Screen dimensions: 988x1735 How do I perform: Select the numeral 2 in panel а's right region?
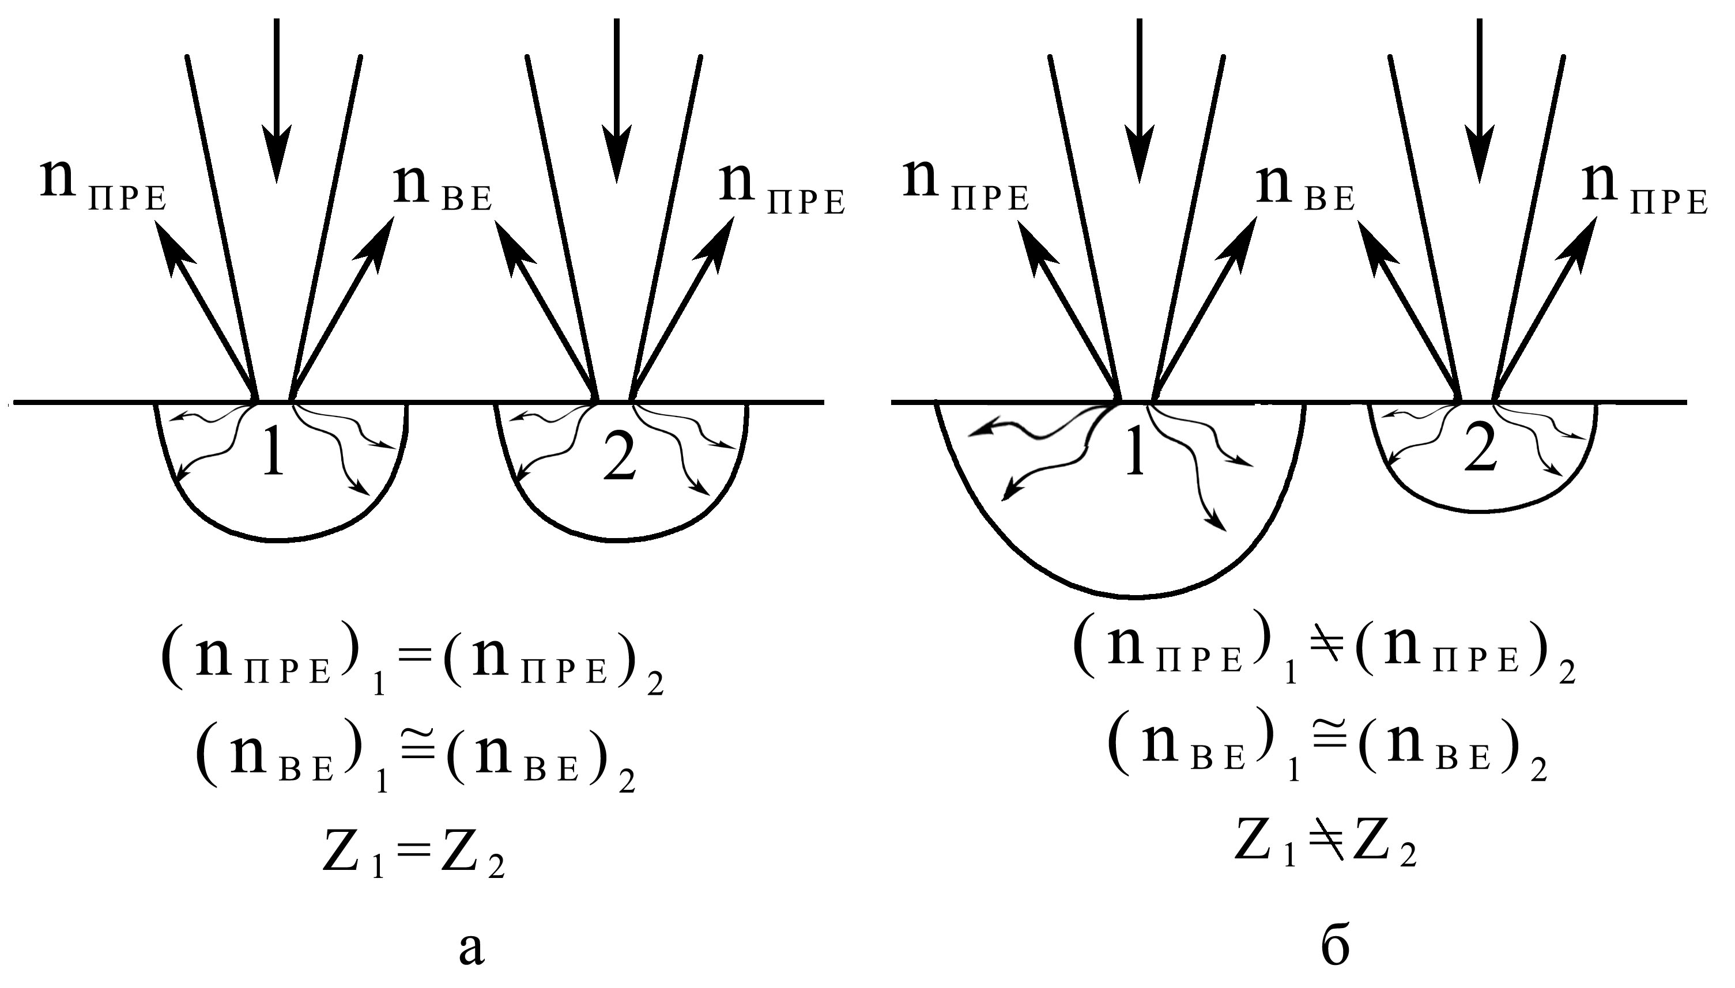620,456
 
